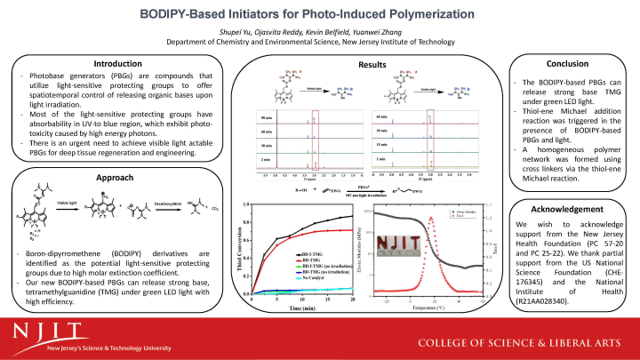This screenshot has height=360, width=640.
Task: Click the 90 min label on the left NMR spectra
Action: pos(264,119)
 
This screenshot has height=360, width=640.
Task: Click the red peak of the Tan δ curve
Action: pos(432,219)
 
